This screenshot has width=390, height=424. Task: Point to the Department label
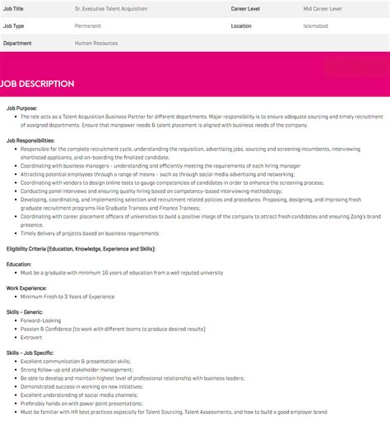pos(18,43)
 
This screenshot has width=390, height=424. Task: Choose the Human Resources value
pos(96,43)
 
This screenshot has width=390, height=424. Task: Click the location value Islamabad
pos(316,25)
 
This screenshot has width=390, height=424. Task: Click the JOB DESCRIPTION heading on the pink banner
pos(38,84)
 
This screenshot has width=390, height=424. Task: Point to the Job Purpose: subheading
pos(21,108)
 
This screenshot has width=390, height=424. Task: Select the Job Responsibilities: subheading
pos(32,140)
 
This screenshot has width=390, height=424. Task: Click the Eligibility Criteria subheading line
pos(80,247)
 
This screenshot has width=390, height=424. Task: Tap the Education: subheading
pos(19,264)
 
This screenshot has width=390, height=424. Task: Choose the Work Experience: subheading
pos(26,288)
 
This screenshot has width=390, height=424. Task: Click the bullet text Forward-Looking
pos(41,320)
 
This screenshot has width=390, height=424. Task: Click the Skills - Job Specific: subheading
pos(32,352)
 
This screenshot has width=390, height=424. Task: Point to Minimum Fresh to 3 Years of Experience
pos(67,296)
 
